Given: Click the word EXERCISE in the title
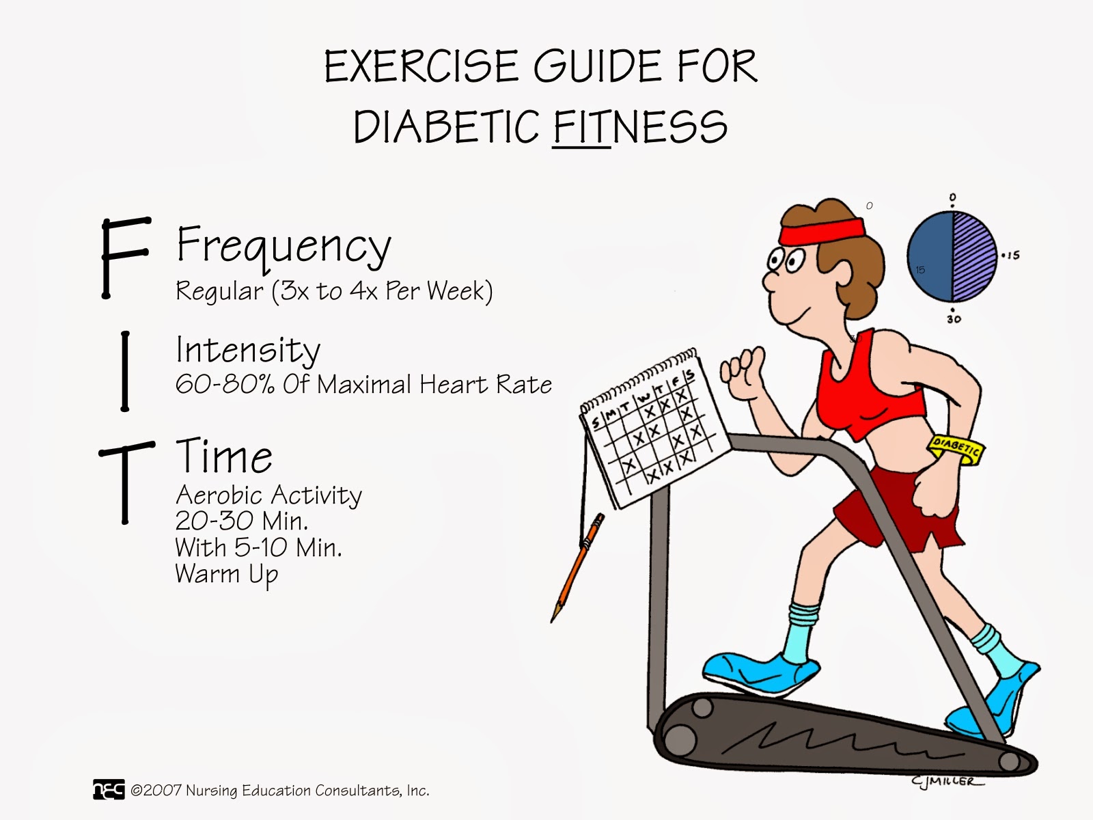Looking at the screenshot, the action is click(421, 66).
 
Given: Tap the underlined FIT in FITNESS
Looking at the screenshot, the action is click(581, 128).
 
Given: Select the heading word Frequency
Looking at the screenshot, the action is click(283, 247).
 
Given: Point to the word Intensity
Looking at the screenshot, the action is click(248, 351).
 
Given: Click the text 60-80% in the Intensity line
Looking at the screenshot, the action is click(225, 384).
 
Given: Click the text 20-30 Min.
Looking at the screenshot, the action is click(242, 521).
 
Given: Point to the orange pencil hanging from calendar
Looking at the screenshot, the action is click(578, 568).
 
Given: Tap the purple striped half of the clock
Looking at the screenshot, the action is click(975, 256).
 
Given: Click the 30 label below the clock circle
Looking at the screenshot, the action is click(954, 318).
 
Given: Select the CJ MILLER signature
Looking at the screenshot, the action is click(947, 780).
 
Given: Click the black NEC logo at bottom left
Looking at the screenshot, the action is click(109, 789).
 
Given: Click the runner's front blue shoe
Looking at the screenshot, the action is click(761, 673).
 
